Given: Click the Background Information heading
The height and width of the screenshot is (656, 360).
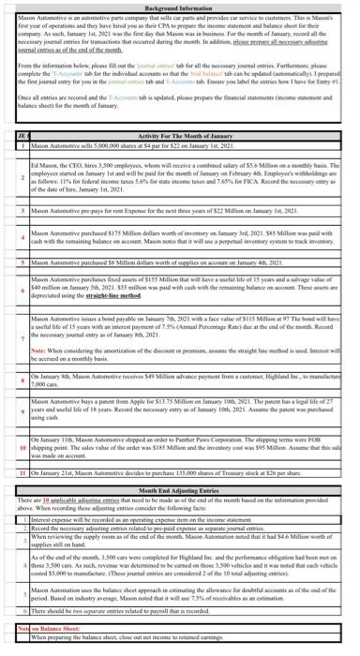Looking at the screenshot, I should (x=179, y=5).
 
